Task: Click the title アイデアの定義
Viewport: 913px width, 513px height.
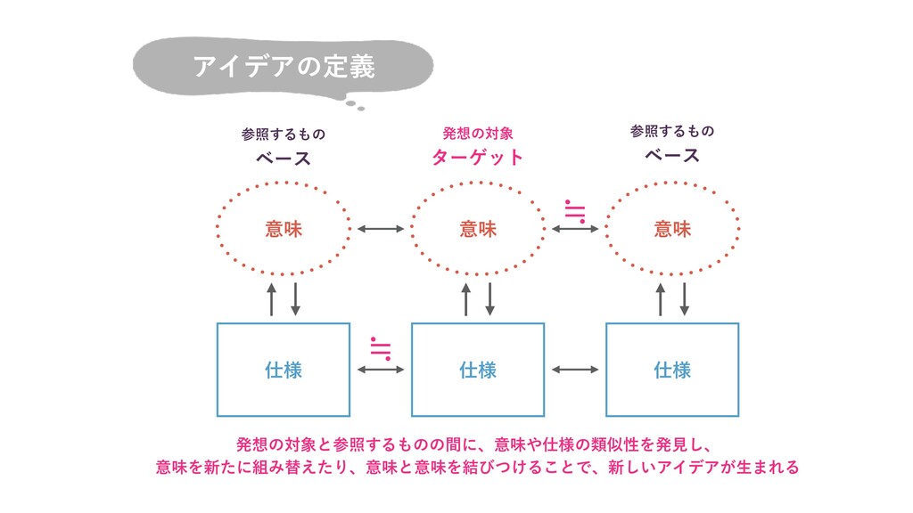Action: tap(284, 67)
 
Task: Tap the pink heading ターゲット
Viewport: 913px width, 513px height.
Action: tap(478, 158)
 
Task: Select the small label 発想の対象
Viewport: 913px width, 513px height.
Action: tap(478, 134)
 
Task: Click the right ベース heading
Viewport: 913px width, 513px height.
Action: tap(672, 155)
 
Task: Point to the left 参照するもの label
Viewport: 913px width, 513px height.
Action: tap(284, 134)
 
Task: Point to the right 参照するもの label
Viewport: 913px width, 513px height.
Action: tap(672, 131)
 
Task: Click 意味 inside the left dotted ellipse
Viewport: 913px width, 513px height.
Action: tap(284, 229)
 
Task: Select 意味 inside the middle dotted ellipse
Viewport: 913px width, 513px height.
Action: tap(478, 229)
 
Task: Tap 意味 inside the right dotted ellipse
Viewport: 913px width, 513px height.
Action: tap(672, 229)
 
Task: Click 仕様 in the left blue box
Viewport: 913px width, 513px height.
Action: tap(284, 369)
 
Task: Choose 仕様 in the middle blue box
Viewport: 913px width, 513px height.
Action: tap(478, 369)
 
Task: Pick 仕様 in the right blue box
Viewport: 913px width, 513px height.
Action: tap(672, 369)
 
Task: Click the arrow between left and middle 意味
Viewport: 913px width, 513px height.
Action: tap(381, 229)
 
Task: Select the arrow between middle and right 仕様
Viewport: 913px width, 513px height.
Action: tap(575, 369)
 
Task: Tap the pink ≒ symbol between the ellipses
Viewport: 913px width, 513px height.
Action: tap(575, 210)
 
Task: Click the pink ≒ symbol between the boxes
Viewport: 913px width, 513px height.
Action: tap(381, 347)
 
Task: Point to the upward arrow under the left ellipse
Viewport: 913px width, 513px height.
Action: tap(272, 298)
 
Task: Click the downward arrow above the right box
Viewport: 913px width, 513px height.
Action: tap(685, 298)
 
